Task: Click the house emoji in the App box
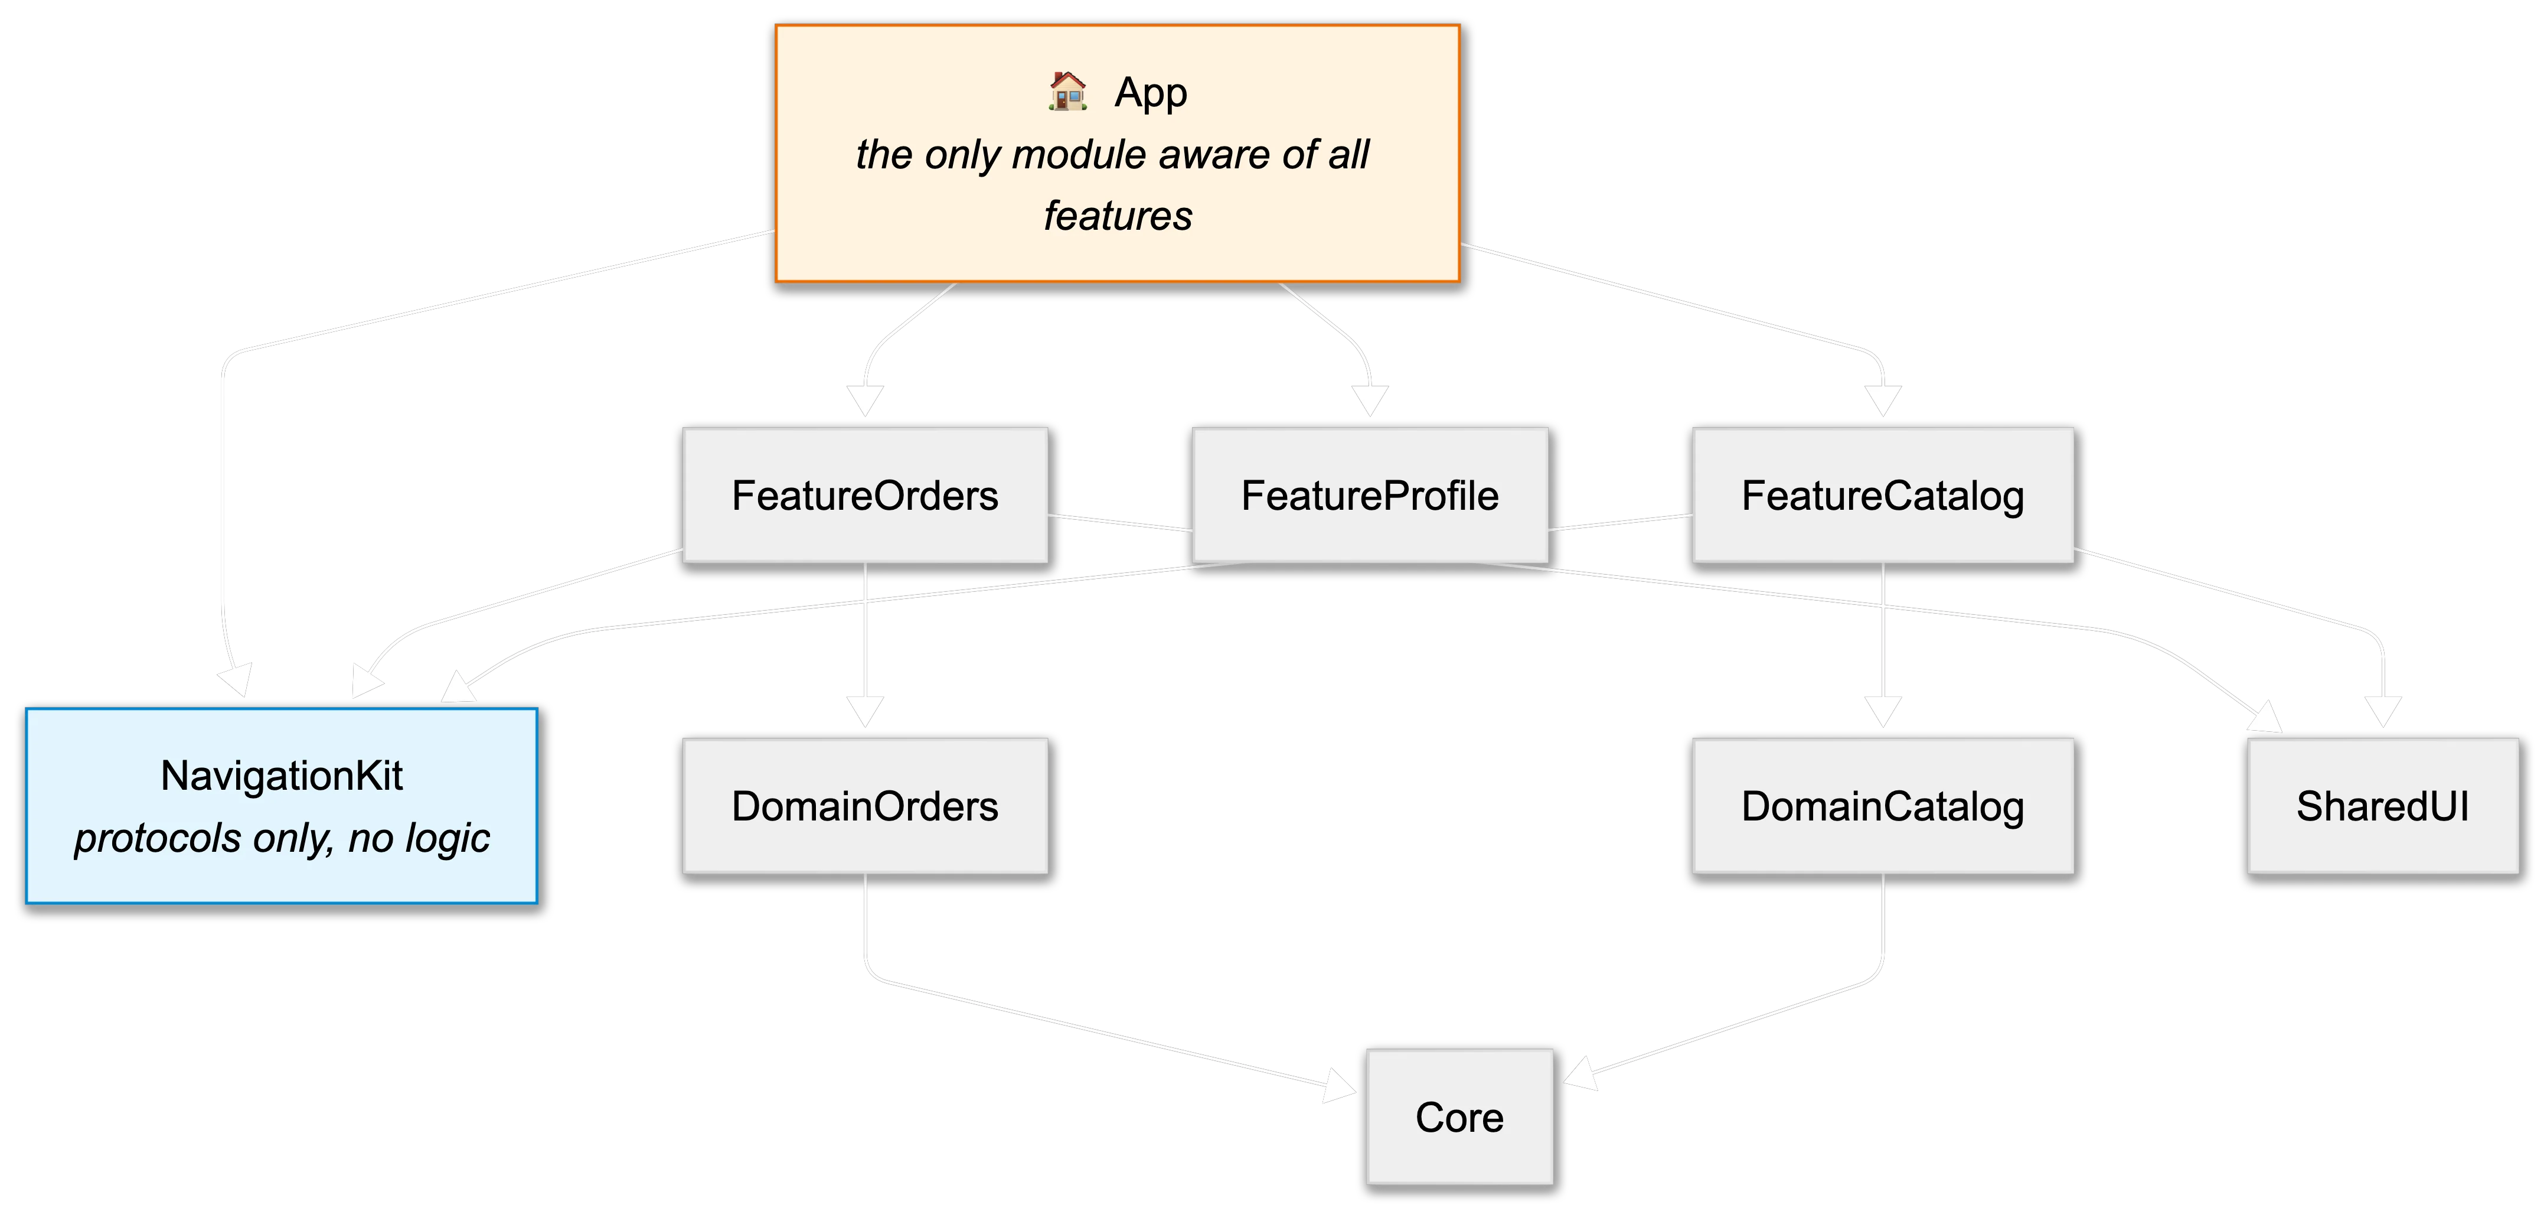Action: coord(1067,92)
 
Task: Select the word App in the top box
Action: coord(1151,93)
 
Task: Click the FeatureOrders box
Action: coord(865,496)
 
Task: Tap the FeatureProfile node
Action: coord(1370,496)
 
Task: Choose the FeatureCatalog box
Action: coord(1882,496)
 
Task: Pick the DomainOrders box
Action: coord(865,806)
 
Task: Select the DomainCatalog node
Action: coord(1882,806)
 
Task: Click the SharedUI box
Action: coord(2382,806)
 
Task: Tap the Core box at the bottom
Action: coord(1459,1117)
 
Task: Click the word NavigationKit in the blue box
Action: coord(282,776)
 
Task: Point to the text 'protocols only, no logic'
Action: coord(282,838)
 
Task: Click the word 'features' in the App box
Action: coord(1118,216)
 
